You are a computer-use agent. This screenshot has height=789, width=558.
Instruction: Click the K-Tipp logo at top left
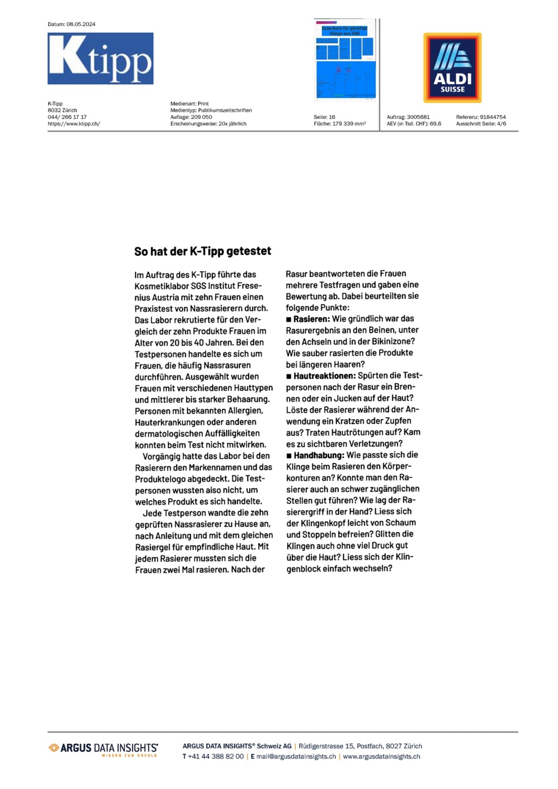click(100, 58)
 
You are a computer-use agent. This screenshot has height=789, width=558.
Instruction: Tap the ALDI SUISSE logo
click(452, 68)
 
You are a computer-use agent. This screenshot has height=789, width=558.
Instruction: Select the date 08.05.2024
click(81, 24)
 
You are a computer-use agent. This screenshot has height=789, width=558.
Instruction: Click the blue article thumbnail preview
click(346, 60)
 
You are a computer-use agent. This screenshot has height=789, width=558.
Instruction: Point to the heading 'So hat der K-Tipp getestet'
click(202, 251)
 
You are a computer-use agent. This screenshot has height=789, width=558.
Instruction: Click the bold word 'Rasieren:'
click(311, 319)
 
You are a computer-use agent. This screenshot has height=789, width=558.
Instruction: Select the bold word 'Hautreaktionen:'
click(324, 376)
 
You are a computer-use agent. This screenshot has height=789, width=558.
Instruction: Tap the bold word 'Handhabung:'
click(319, 455)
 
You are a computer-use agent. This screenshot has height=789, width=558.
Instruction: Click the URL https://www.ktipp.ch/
click(74, 124)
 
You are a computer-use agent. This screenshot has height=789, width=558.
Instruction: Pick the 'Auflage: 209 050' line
click(191, 117)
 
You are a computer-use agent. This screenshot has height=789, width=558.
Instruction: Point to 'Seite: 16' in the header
click(324, 117)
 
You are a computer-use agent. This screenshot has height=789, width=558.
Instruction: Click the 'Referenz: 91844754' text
click(481, 117)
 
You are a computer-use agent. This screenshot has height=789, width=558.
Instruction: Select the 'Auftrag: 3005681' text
click(408, 117)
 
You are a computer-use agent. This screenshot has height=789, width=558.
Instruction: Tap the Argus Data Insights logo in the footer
click(104, 749)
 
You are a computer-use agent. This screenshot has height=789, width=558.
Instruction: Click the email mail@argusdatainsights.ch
click(296, 757)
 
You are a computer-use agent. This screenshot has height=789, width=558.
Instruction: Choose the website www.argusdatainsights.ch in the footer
click(381, 757)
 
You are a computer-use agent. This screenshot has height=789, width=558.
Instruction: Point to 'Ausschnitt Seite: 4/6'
click(481, 124)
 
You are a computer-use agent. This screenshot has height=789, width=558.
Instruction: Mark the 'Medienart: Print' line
click(189, 104)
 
